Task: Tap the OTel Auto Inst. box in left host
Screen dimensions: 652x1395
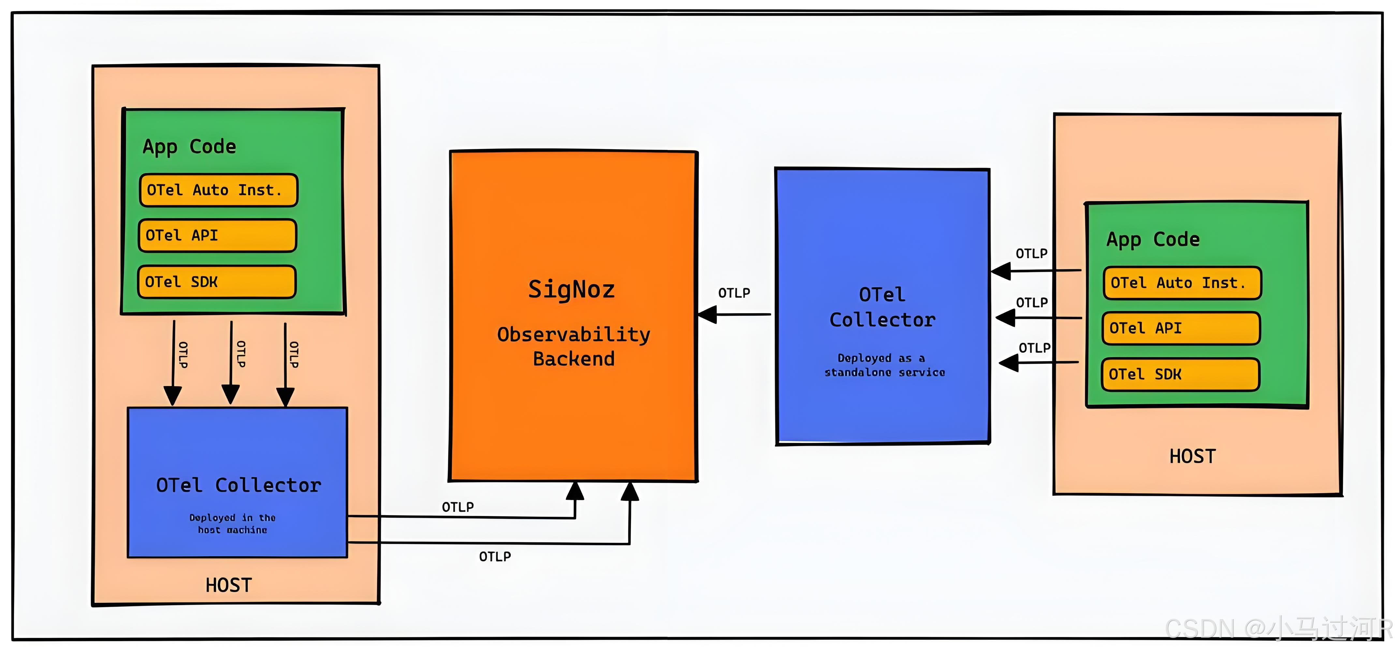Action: [x=218, y=190]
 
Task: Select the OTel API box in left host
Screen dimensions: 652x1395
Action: [x=217, y=236]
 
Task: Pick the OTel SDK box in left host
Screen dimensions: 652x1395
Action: [x=217, y=282]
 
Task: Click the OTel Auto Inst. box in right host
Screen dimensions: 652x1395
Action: [x=1182, y=283]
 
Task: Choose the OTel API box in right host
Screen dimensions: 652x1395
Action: [x=1181, y=328]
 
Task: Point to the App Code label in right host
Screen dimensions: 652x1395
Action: [x=1153, y=239]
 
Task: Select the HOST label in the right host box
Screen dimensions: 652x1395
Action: [x=1193, y=456]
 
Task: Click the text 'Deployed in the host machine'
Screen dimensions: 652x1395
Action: [x=232, y=524]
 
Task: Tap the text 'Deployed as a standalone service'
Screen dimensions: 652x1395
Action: [x=884, y=365]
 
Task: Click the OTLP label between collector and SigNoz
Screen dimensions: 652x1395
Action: [x=734, y=293]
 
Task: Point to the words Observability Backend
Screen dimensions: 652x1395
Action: [x=574, y=347]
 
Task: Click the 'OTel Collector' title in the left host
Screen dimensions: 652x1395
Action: [x=238, y=485]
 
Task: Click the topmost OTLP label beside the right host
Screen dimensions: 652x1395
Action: [x=1031, y=253]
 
